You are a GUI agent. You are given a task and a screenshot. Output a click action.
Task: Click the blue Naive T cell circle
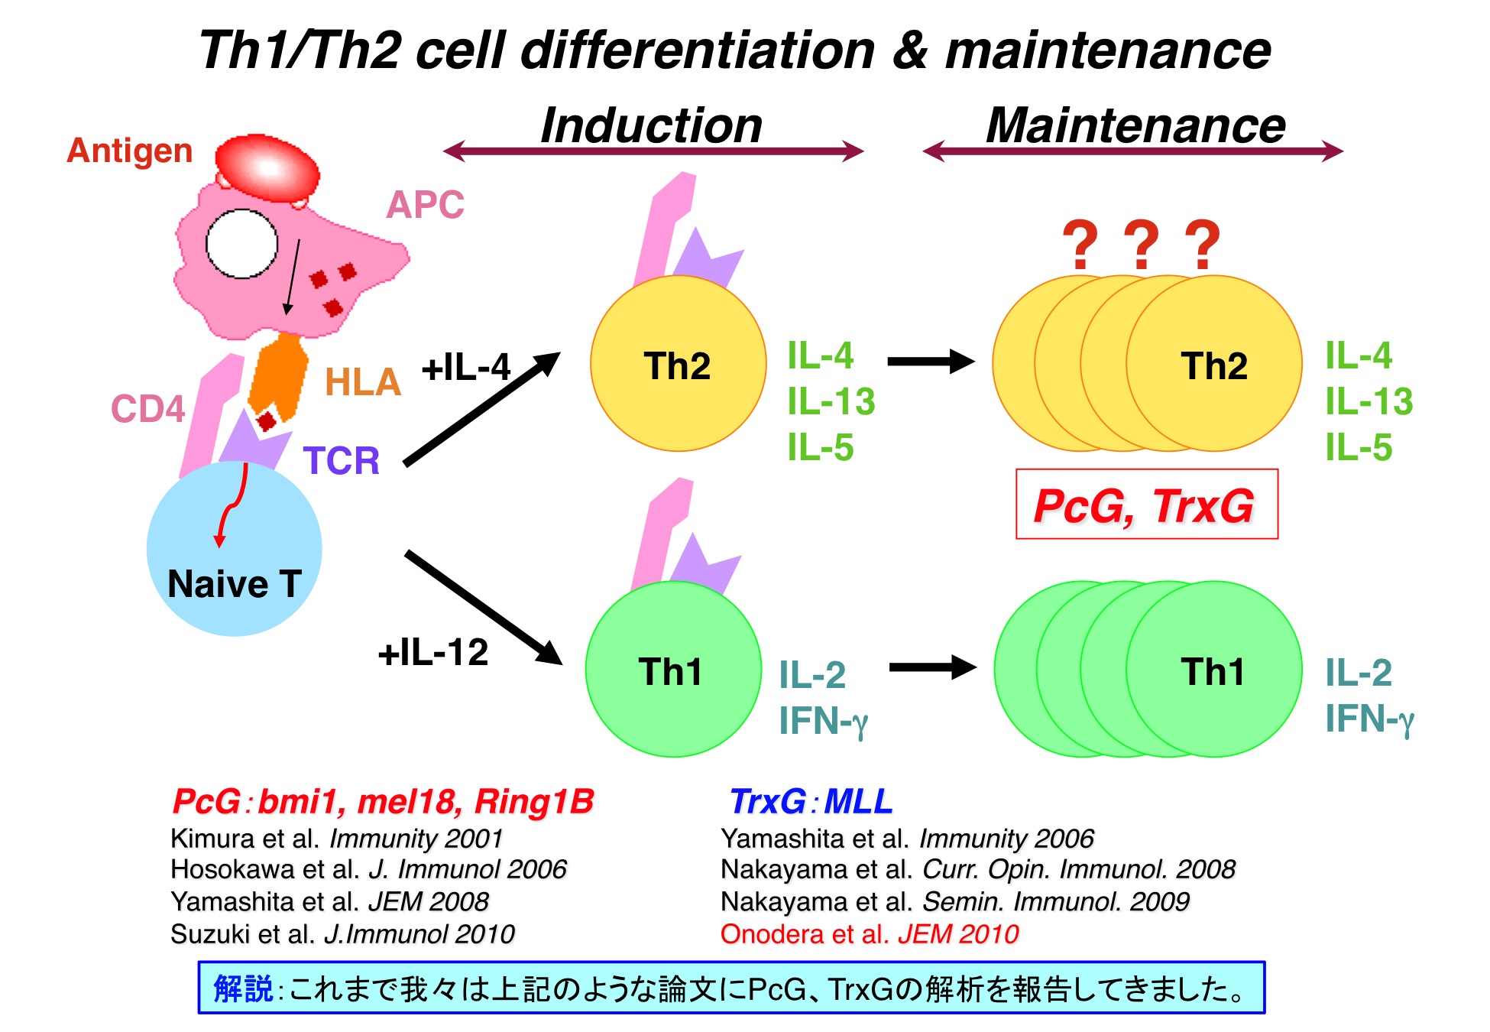[234, 549]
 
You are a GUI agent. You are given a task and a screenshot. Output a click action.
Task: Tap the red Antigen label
[130, 151]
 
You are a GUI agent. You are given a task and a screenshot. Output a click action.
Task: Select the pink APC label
[425, 204]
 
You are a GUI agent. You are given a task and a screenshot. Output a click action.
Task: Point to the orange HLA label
[363, 382]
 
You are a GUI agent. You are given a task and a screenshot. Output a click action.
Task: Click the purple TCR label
[342, 461]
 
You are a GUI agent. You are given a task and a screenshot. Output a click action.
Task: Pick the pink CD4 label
[148, 409]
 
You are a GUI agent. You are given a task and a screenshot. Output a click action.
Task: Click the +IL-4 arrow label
[466, 368]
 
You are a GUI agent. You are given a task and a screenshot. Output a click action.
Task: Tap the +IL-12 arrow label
[433, 653]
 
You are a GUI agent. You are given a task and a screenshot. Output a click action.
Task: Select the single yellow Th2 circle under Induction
[679, 363]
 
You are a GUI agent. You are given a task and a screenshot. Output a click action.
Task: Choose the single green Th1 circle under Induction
[673, 670]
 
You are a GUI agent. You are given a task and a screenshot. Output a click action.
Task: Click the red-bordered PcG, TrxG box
[1146, 504]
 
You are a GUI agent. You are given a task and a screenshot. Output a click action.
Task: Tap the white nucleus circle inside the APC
[241, 244]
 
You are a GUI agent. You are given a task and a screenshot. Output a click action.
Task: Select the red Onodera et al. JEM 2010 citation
[870, 934]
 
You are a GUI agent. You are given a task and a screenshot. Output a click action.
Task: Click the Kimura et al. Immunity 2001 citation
[337, 839]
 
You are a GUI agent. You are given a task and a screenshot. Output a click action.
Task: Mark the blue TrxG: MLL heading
[811, 802]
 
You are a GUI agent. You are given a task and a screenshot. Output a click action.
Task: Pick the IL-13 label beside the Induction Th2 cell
[831, 402]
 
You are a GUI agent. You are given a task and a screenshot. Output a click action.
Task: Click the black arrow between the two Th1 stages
[933, 667]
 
